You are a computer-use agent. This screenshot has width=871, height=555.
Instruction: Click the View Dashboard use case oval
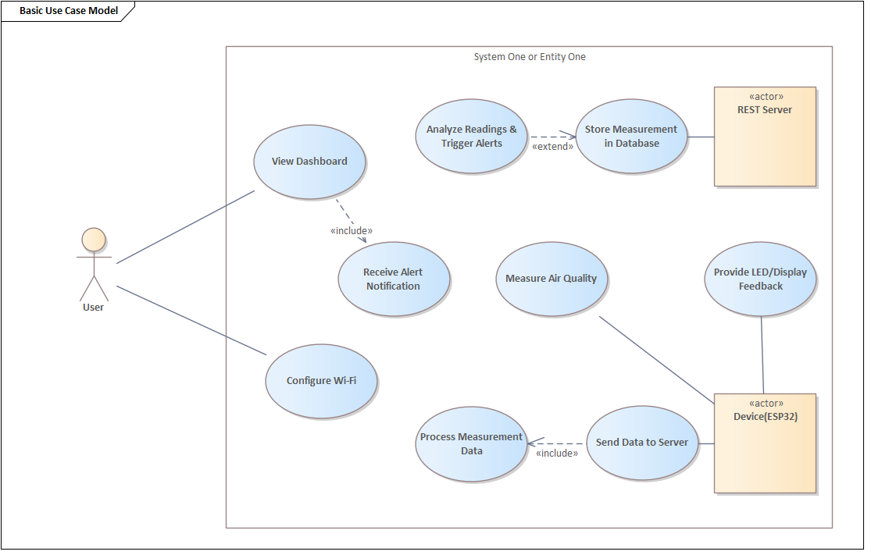(309, 162)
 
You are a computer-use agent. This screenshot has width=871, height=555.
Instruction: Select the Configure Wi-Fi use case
(321, 381)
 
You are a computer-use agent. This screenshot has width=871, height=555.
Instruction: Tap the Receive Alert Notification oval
(393, 279)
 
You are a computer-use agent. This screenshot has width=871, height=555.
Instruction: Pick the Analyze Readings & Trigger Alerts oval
(471, 137)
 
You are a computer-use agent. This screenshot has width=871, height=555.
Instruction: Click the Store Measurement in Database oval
(631, 137)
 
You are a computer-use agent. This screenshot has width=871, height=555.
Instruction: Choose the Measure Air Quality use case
(551, 279)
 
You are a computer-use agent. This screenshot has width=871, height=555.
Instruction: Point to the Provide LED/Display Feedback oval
(760, 279)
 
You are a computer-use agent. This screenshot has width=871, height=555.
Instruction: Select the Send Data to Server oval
(641, 443)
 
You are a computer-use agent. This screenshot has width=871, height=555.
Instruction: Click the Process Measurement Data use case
(471, 444)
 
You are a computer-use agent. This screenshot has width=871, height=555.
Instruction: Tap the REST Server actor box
(765, 137)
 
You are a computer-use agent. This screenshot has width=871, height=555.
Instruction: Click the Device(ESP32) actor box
(765, 443)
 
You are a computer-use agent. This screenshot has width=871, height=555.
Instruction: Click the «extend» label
(552, 147)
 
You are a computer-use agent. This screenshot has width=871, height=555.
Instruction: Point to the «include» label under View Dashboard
(352, 231)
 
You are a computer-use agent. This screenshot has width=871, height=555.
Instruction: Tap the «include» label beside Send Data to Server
(556, 454)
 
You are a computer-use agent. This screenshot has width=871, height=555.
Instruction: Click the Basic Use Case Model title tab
(69, 11)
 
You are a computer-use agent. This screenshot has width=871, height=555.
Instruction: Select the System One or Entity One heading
(530, 57)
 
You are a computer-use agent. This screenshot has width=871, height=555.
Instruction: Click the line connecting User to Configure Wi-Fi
(191, 321)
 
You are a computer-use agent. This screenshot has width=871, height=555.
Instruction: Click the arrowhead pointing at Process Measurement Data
(534, 443)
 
